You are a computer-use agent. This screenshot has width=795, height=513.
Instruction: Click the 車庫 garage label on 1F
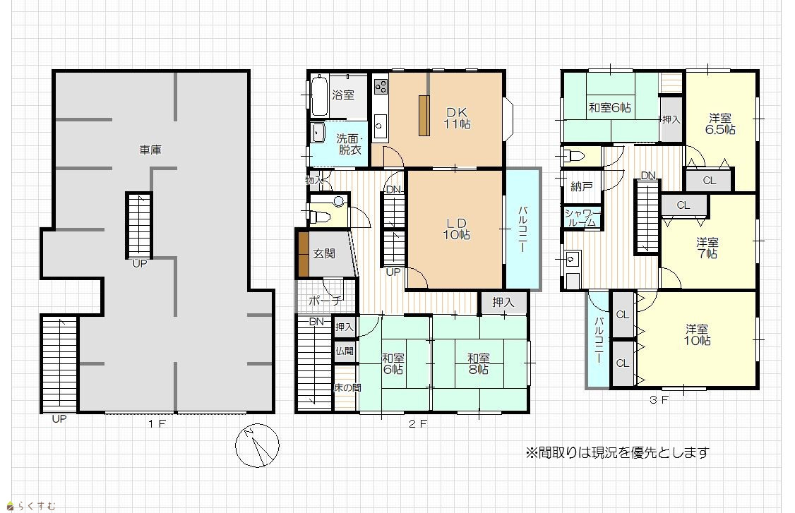[150, 150]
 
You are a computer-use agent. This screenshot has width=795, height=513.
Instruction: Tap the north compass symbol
[257, 445]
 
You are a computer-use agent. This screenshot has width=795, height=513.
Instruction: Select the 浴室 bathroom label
[343, 95]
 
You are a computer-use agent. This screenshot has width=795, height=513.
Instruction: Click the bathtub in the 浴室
[319, 96]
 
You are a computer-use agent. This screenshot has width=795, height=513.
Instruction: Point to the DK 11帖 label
[457, 118]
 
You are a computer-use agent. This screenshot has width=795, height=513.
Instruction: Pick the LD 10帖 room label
[456, 229]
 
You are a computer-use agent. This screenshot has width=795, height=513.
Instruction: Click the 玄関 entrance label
[324, 253]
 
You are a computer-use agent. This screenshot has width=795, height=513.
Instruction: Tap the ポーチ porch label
[325, 301]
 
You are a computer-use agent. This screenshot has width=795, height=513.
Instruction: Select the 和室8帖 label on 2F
[478, 364]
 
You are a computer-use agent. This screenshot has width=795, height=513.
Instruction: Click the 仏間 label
[345, 351]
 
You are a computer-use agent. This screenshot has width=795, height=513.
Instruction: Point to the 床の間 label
[347, 388]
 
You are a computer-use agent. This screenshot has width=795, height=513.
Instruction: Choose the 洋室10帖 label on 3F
[697, 334]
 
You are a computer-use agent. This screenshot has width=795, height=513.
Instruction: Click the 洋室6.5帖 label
[720, 123]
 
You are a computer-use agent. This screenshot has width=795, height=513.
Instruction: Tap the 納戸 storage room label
[582, 186]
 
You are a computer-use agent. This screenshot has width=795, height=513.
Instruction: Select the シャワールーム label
[582, 217]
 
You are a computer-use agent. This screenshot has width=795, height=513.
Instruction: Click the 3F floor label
[659, 399]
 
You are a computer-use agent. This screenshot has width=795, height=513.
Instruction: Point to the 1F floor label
[157, 423]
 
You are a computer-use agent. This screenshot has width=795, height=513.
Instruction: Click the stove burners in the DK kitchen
[381, 87]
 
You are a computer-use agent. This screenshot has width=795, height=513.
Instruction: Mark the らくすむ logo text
[32, 505]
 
